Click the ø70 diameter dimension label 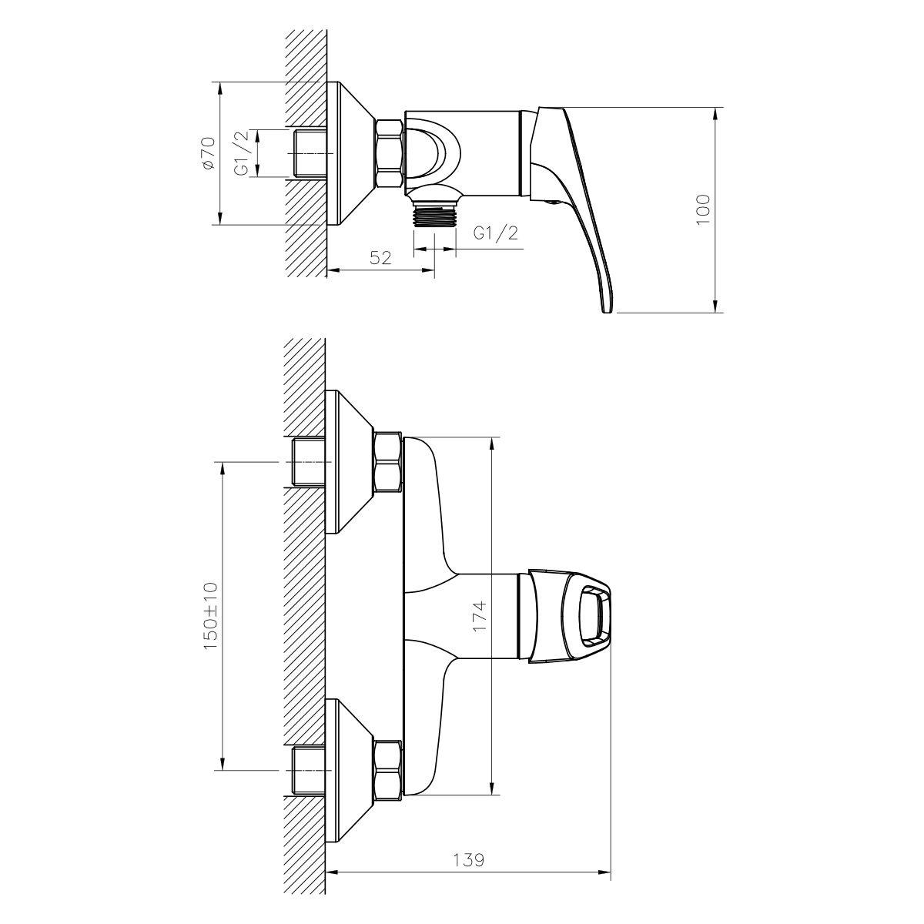pos(209,153)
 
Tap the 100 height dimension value pos(703,209)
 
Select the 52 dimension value pos(380,258)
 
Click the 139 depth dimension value pos(468,861)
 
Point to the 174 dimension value pos(480,617)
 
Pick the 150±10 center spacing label pos(210,616)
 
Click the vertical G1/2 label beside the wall pos(243,153)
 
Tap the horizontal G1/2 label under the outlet pos(496,233)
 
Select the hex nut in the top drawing pos(389,153)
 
